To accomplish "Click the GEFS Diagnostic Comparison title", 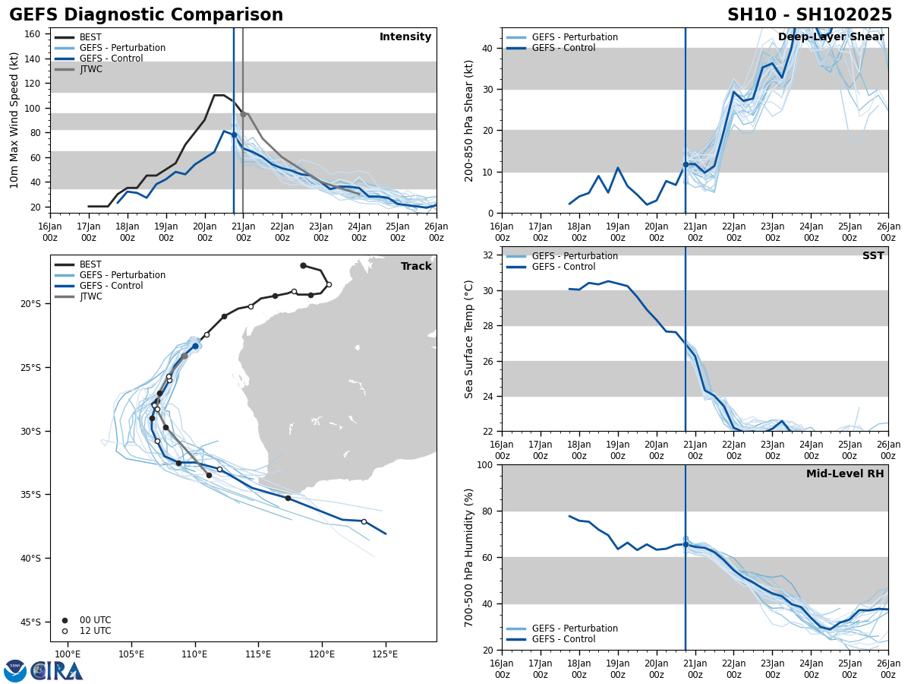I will click(146, 15).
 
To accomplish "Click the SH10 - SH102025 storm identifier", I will click(809, 15).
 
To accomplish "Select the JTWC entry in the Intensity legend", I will click(90, 69).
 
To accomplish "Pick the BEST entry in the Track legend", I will click(90, 264).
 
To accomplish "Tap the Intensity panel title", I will click(405, 37).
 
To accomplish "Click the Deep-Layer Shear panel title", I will click(831, 37).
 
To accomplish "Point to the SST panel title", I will click(872, 256).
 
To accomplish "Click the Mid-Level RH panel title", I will click(844, 474).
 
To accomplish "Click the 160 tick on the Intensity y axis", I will click(32, 34).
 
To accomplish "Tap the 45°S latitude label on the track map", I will click(30, 622).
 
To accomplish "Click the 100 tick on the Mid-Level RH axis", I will click(487, 465).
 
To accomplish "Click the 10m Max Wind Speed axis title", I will click(14, 120).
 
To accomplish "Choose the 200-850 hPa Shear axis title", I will click(469, 120).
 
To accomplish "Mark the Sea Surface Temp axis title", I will click(469, 339).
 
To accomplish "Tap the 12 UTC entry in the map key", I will click(95, 631).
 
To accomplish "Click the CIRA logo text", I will click(56, 670).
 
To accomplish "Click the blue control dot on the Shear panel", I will click(686, 164).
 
